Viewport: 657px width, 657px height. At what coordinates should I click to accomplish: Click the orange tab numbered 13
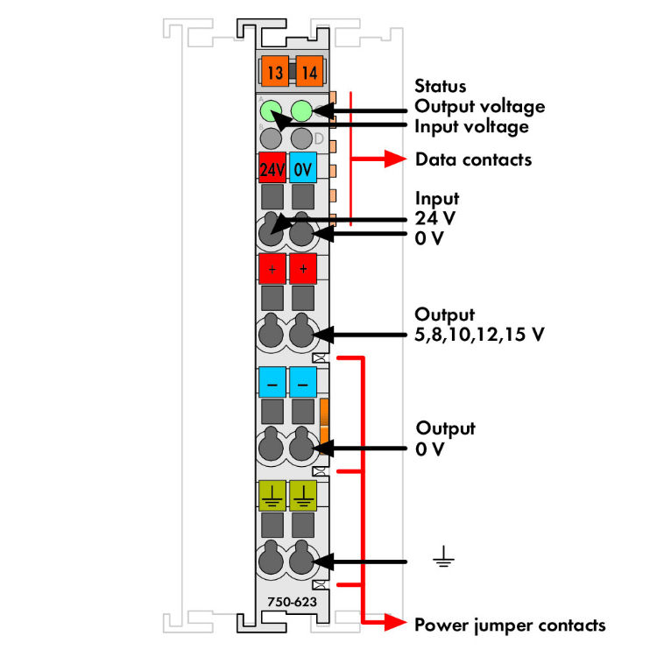coord(275,72)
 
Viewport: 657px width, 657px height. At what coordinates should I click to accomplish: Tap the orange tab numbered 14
coord(307,72)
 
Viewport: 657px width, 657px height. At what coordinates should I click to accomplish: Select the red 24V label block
coord(272,168)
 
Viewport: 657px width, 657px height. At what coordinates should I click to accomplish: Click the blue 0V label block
coord(303,168)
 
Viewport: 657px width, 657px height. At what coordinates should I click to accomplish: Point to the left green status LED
coord(272,111)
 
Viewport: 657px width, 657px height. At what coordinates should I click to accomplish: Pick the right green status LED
coord(302,111)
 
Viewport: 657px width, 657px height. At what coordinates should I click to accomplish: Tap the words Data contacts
coord(473,159)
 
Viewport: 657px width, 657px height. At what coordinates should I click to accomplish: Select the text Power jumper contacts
coord(509,625)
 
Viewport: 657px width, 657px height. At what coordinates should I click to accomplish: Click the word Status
coord(440,87)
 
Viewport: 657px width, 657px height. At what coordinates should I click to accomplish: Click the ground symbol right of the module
coord(444,558)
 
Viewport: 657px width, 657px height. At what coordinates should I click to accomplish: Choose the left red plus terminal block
coord(272,267)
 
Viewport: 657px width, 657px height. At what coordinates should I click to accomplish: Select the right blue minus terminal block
coord(303,383)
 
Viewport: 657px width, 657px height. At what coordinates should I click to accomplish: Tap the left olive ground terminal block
coord(272,497)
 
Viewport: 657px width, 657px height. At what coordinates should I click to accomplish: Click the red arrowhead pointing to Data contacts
coord(399,159)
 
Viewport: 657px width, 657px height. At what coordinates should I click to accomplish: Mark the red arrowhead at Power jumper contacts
coord(399,624)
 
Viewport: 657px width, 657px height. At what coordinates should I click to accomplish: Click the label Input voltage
coord(471,126)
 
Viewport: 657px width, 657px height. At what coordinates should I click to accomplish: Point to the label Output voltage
coord(479,106)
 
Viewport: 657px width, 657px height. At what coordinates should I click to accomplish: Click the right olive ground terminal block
coord(303,497)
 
